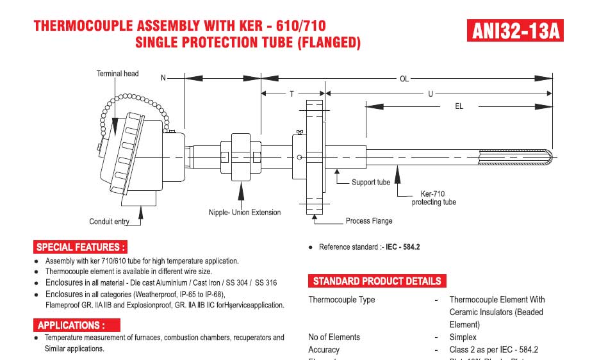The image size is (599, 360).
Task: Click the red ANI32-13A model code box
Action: point(515,31)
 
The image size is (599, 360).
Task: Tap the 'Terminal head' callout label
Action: point(117,74)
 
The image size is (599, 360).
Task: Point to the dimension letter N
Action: point(163,78)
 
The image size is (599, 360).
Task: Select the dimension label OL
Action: point(404,79)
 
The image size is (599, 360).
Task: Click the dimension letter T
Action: point(291,94)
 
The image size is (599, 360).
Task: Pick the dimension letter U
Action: point(431,94)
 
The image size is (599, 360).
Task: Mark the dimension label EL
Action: point(459,106)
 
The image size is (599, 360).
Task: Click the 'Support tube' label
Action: point(370,183)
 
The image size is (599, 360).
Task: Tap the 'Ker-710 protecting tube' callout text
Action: point(434,198)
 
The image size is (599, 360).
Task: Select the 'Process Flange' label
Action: point(369,221)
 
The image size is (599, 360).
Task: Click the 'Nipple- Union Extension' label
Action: point(245,213)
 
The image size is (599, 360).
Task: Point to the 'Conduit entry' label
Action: point(109,222)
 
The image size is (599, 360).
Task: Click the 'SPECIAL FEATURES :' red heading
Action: point(81,247)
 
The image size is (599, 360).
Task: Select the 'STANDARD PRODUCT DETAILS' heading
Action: point(377,281)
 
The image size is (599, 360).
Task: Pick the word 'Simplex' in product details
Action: point(463,337)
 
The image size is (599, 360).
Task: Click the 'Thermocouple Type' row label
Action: point(341,300)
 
